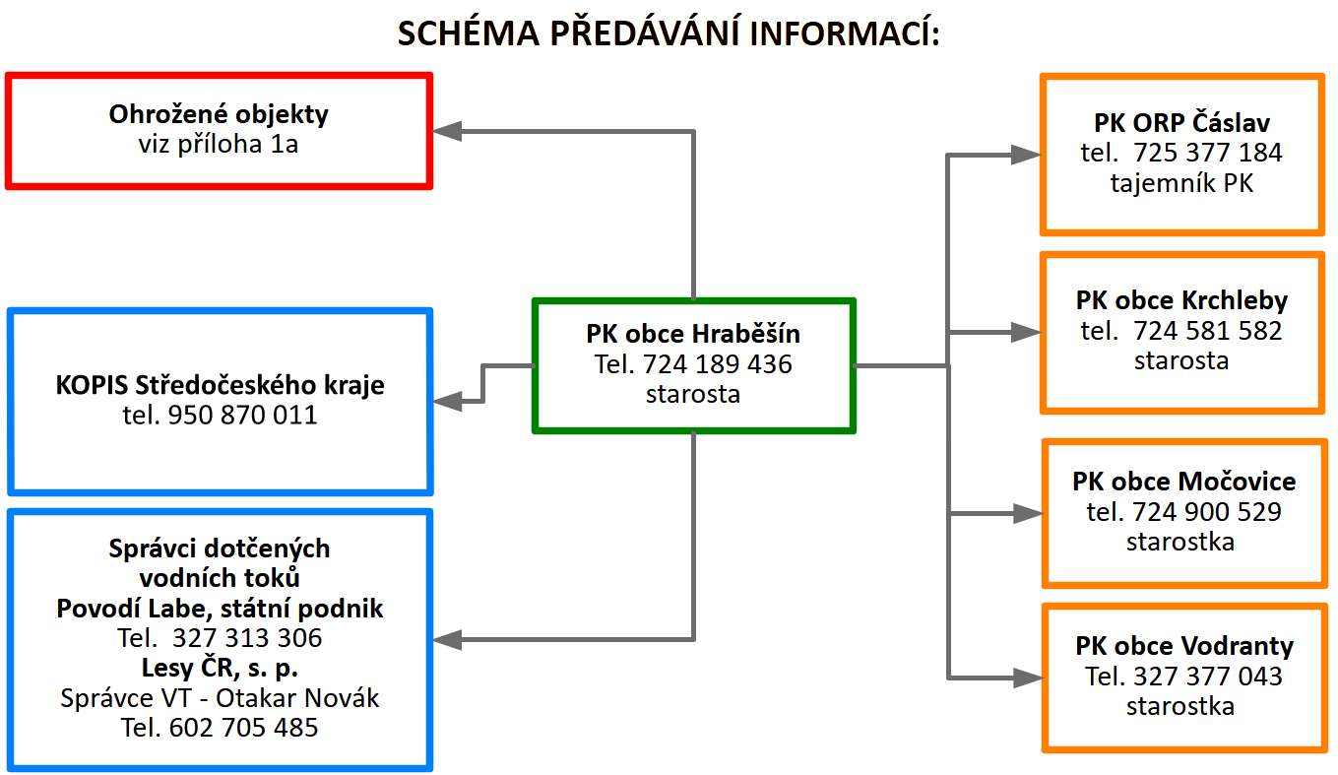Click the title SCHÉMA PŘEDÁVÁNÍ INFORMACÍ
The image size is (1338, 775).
click(x=669, y=32)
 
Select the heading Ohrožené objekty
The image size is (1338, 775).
click(x=219, y=114)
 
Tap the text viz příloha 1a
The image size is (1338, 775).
click(x=218, y=144)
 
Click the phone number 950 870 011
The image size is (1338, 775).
click(x=242, y=415)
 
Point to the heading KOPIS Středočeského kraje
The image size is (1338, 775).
click(x=220, y=385)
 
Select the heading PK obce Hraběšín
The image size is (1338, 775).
click(x=693, y=334)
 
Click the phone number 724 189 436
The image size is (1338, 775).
click(x=717, y=364)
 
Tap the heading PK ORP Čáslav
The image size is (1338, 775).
click(x=1181, y=122)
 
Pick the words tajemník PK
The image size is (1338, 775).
click(x=1181, y=183)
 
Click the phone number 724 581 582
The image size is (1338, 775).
click(x=1207, y=331)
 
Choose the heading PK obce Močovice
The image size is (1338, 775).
click(x=1183, y=481)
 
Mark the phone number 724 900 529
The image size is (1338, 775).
click(x=1207, y=511)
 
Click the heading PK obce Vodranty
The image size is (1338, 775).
click(x=1183, y=646)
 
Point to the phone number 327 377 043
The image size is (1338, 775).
click(x=1208, y=676)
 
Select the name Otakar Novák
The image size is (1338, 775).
click(x=297, y=698)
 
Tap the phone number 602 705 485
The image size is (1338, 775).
click(x=244, y=727)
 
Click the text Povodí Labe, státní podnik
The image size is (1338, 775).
click(x=220, y=609)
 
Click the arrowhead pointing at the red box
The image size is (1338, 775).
click(x=446, y=131)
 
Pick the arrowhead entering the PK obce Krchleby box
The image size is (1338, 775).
click(x=1026, y=332)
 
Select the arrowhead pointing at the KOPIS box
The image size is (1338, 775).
click(x=447, y=401)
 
